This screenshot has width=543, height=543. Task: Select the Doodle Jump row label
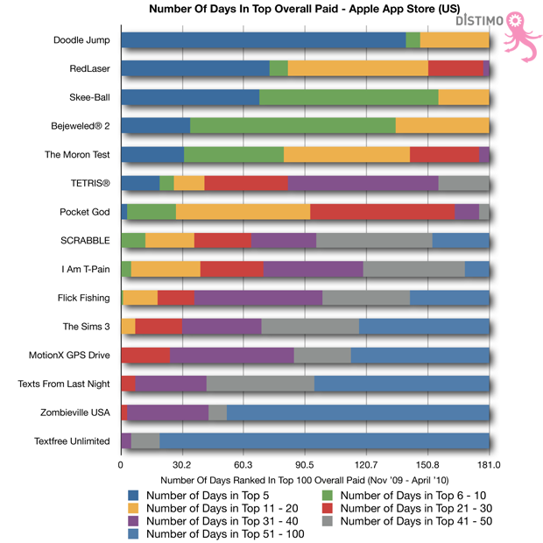click(x=81, y=40)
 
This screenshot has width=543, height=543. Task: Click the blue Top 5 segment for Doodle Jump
click(x=263, y=40)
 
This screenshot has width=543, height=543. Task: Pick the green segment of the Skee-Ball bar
click(x=349, y=97)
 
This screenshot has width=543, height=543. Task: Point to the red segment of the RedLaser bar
click(x=455, y=68)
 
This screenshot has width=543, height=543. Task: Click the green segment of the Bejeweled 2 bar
click(x=293, y=126)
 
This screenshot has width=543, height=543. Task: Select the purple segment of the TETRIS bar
click(x=363, y=183)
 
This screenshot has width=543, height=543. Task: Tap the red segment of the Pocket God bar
click(x=383, y=212)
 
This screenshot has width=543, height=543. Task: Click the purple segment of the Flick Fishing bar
click(x=258, y=298)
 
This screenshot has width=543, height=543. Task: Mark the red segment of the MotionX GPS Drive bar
click(x=145, y=355)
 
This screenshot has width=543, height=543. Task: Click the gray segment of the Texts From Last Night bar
click(x=260, y=384)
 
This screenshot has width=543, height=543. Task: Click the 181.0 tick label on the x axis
click(x=489, y=465)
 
